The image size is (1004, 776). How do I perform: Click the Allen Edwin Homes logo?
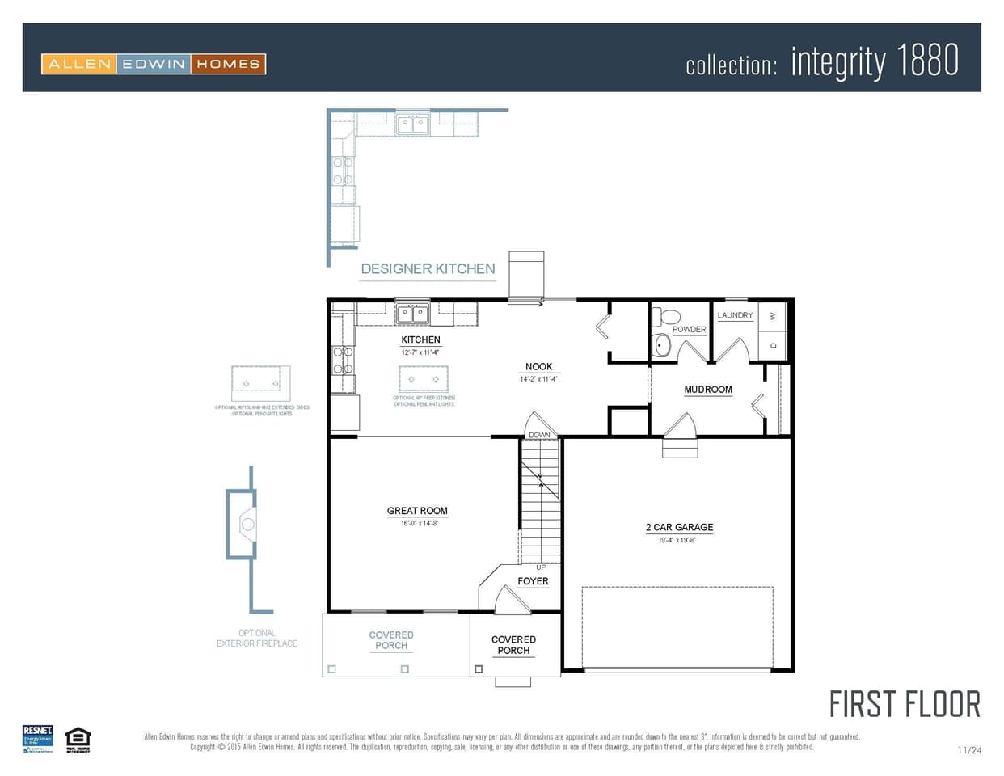[x=154, y=64]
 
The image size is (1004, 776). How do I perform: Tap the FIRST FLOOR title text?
[x=905, y=705]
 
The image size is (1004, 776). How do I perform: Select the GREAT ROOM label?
[x=417, y=511]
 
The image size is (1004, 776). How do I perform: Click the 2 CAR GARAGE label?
[x=679, y=527]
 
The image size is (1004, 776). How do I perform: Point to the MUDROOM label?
[x=708, y=390]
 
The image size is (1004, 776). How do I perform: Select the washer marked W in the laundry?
[x=773, y=316]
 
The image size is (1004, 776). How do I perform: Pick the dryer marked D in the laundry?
[x=773, y=346]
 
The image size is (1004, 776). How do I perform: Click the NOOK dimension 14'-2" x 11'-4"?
[x=539, y=378]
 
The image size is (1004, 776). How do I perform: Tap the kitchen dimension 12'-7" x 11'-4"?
[x=420, y=352]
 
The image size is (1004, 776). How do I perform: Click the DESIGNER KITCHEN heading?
[x=428, y=268]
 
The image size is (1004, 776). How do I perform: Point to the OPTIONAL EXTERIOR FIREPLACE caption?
[x=257, y=639]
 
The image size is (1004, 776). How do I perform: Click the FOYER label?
[x=533, y=581]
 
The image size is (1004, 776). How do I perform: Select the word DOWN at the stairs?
[x=539, y=435]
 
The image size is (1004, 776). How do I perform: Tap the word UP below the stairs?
[x=541, y=567]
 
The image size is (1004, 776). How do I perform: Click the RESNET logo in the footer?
[x=38, y=739]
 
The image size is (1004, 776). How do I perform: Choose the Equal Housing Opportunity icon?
[x=78, y=739]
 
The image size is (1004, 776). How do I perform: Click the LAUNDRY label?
[x=735, y=315]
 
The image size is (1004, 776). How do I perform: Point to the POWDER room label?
[x=689, y=329]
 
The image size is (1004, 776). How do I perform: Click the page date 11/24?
[x=968, y=750]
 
